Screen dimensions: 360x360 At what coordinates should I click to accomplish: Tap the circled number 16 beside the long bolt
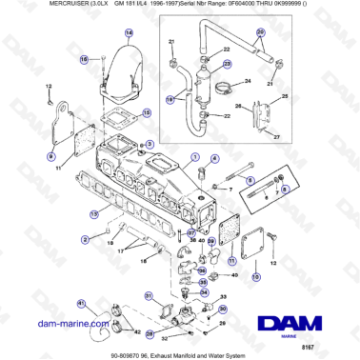[83, 59]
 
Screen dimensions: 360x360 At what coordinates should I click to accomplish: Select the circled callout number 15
[146, 112]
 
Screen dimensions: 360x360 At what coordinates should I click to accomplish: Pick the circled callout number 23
[228, 64]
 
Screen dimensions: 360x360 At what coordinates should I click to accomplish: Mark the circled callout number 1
[195, 157]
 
